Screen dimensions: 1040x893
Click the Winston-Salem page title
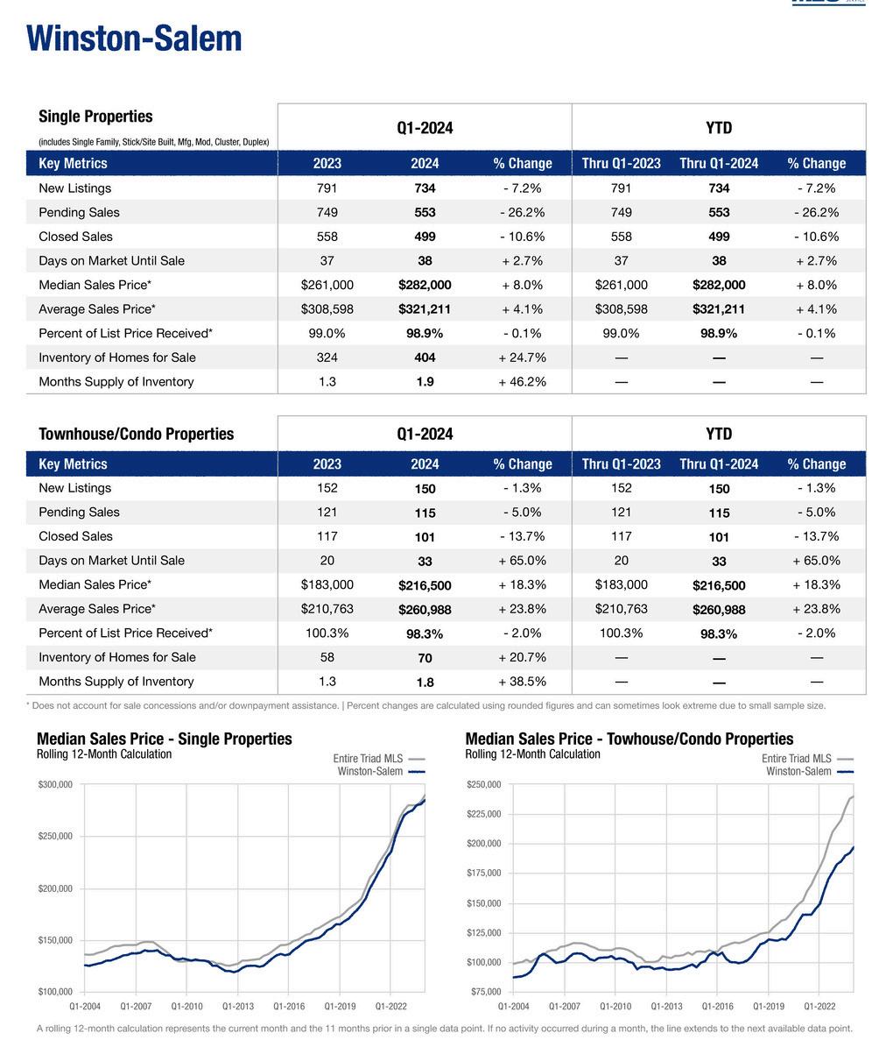tap(134, 39)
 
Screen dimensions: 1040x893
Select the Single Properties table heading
tap(95, 117)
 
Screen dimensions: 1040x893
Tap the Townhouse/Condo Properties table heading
tap(137, 434)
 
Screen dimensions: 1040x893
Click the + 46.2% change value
tap(522, 382)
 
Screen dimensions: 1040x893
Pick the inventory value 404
tap(425, 357)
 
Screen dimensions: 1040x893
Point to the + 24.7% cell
tap(522, 357)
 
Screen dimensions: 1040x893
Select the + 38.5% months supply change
tap(522, 682)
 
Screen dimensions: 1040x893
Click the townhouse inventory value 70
tap(425, 658)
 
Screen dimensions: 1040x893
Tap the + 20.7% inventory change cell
tap(522, 657)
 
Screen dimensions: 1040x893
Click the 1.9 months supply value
tap(425, 382)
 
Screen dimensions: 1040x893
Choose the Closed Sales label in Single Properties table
tap(75, 237)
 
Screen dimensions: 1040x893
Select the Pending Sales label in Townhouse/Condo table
tap(79, 513)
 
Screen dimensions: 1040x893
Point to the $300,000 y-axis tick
tap(55, 785)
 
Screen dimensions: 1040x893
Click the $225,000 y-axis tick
tap(483, 815)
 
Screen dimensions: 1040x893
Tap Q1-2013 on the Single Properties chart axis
tap(238, 1008)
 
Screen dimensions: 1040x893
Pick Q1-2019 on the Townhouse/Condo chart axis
tap(769, 1008)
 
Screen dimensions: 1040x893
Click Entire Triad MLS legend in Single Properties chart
tap(368, 759)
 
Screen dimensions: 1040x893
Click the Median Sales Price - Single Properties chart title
tap(165, 739)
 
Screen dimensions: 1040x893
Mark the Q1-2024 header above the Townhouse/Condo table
tap(425, 434)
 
